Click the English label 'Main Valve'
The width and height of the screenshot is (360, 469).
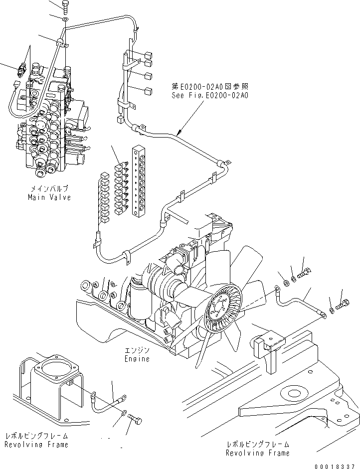tap(50, 197)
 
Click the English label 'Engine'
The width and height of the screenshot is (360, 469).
tap(137, 359)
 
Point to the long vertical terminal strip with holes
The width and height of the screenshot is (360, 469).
tap(138, 181)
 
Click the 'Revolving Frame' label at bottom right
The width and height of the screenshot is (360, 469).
tap(257, 453)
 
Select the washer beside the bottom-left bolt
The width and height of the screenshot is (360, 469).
tap(123, 413)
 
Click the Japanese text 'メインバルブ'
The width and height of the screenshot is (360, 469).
tap(50, 189)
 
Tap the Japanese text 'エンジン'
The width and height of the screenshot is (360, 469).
tap(137, 350)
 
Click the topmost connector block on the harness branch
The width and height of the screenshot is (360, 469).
tap(148, 54)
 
